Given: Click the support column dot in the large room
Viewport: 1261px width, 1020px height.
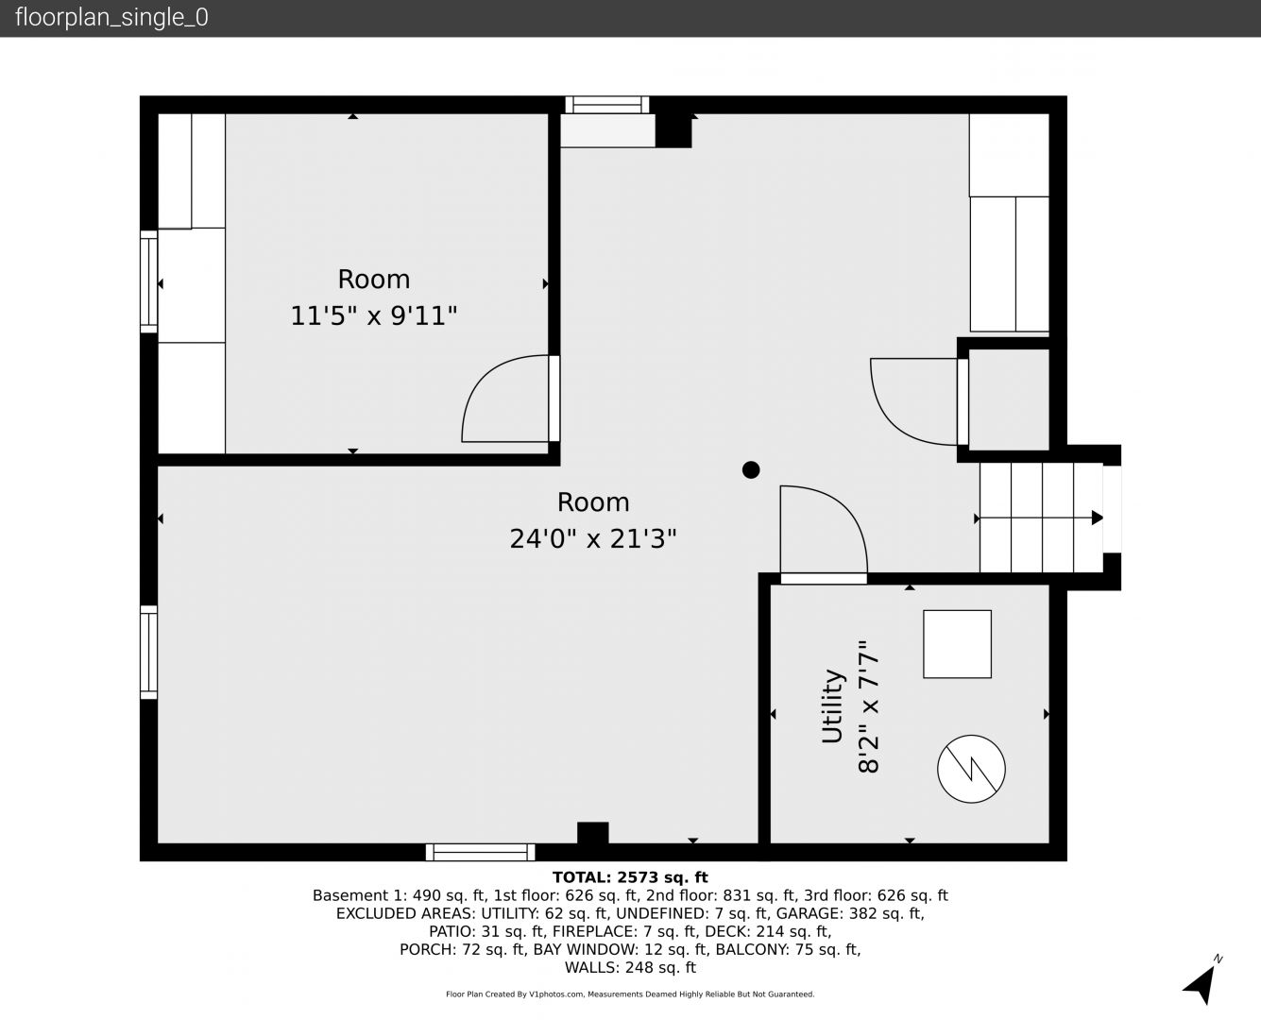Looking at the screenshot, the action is [751, 470].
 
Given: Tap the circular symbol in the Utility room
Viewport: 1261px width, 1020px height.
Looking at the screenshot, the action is [971, 769].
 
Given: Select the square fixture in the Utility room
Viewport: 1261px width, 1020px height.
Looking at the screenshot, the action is [957, 644].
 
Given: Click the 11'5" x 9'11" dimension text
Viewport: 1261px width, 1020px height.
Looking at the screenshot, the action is [373, 315].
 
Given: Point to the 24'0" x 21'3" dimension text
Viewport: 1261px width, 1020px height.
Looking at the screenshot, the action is [592, 538].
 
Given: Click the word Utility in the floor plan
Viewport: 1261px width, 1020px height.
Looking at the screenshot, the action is [832, 706].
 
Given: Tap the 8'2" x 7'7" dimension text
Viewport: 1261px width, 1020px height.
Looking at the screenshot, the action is [868, 706].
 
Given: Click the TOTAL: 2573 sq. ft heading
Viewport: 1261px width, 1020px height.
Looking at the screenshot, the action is [630, 877].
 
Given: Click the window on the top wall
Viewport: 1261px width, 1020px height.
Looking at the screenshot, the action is [607, 105].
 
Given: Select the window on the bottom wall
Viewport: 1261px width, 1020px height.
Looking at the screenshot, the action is [480, 853].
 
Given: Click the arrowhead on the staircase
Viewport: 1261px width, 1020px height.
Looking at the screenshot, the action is [1097, 518].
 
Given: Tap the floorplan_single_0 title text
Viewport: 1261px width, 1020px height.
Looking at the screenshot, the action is [111, 18].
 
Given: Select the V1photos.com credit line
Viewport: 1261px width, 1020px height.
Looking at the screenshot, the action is [630, 994].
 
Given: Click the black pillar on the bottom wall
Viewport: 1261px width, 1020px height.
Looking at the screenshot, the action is [592, 833].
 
